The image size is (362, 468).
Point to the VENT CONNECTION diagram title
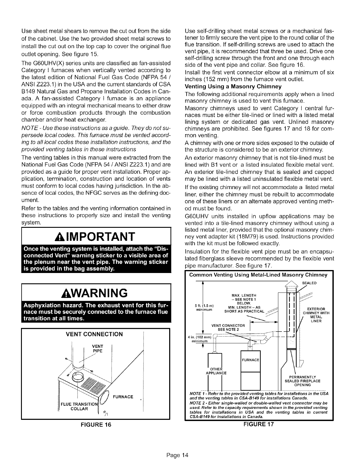pyautogui.click(x=94, y=334)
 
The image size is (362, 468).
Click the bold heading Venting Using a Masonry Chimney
pyautogui.click(x=233, y=86)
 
